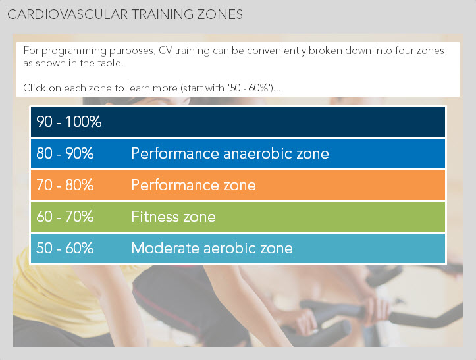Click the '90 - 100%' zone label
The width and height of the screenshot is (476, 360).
pyautogui.click(x=69, y=122)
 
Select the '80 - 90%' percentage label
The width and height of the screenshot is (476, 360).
pyautogui.click(x=65, y=153)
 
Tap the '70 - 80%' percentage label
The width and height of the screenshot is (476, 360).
pyautogui.click(x=65, y=185)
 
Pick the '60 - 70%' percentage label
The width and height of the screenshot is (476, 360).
pyautogui.click(x=65, y=217)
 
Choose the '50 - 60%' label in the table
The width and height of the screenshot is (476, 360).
pyautogui.click(x=65, y=248)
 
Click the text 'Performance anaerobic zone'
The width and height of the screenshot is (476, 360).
pyautogui.click(x=230, y=153)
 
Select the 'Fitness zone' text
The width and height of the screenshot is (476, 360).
pyautogui.click(x=173, y=217)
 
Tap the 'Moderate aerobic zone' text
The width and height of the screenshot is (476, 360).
pyautogui.click(x=212, y=248)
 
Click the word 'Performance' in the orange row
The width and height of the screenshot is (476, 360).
pyautogui.click(x=175, y=185)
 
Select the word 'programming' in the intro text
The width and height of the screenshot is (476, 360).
pyautogui.click(x=74, y=51)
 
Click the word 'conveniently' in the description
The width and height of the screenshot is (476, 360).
pyautogui.click(x=277, y=51)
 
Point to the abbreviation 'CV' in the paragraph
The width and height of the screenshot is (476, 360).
pyautogui.click(x=165, y=51)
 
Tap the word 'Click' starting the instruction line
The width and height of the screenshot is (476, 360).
pyautogui.click(x=34, y=88)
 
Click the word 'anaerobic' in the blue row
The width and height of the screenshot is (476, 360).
pyautogui.click(x=257, y=153)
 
